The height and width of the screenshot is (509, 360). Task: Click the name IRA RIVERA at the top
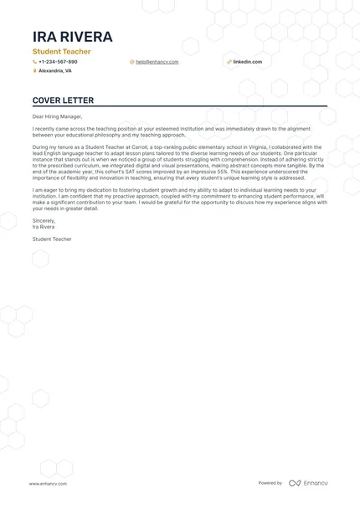click(x=72, y=37)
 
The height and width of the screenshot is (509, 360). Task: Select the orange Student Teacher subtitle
click(x=61, y=52)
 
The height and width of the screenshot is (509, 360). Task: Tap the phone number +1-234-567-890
click(x=58, y=62)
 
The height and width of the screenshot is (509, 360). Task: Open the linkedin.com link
click(x=247, y=62)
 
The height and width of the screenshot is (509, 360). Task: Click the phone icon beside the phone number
click(x=34, y=62)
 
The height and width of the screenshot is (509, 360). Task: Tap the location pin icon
click(x=34, y=71)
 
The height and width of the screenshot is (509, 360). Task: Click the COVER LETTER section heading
click(x=60, y=100)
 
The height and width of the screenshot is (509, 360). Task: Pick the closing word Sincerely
click(x=44, y=221)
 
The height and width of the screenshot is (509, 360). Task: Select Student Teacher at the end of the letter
click(x=52, y=239)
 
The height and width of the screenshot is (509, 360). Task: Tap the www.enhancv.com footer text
click(x=48, y=484)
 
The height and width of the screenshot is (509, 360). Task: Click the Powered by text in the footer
click(x=270, y=484)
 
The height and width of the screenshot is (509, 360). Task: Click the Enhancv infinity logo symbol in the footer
click(x=295, y=484)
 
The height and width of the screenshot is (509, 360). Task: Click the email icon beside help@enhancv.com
click(x=131, y=62)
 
